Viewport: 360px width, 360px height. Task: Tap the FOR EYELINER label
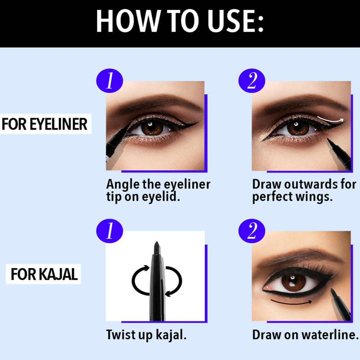pos(45,124)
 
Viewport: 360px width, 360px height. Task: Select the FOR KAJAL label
pos(44,274)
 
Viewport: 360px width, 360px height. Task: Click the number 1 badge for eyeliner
pos(109,81)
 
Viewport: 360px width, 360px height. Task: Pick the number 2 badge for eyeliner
pos(252,81)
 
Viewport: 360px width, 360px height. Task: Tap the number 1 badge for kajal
pos(109,231)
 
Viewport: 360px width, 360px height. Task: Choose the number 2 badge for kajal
pos(252,231)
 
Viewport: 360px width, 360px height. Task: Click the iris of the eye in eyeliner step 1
pos(152,128)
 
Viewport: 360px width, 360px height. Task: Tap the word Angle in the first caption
pos(123,185)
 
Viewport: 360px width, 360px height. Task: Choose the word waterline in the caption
pos(330,334)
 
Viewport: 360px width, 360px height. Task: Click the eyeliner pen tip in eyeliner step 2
pos(328,139)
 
